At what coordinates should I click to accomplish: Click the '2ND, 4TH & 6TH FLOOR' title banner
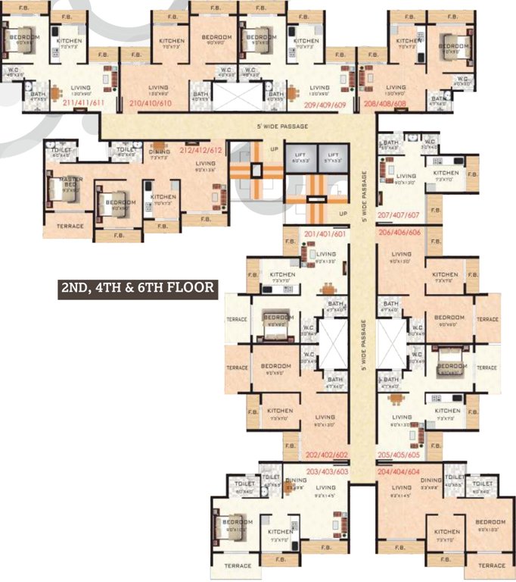(138, 288)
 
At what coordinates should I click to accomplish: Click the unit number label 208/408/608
(385, 102)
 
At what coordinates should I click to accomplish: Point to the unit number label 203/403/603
(325, 471)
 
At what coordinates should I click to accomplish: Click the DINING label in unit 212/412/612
(159, 152)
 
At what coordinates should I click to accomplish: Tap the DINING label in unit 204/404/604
(431, 480)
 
